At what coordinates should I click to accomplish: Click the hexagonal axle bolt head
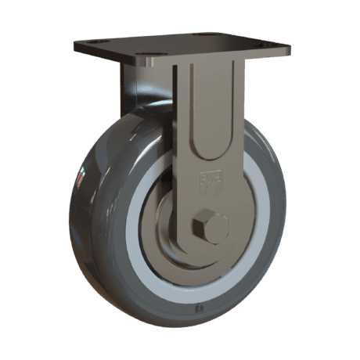209,226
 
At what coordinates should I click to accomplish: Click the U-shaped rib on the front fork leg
210,117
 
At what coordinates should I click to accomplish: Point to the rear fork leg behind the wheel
129,86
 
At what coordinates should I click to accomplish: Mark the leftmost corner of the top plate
77,48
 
